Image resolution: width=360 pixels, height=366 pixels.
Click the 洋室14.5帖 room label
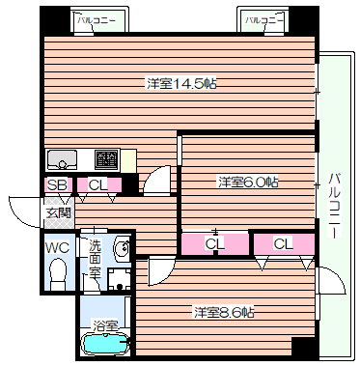pyautogui.click(x=180, y=84)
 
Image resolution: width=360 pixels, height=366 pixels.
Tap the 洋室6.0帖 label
pyautogui.click(x=248, y=181)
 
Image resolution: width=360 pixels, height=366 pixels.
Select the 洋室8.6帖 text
pyautogui.click(x=224, y=311)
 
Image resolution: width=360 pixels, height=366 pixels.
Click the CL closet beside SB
pyautogui.click(x=97, y=184)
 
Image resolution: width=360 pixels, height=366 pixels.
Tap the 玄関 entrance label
pyautogui.click(x=57, y=212)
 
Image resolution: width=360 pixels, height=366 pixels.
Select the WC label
pyautogui.click(x=57, y=247)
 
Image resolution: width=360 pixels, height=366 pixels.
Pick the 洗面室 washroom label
pyautogui.click(x=94, y=259)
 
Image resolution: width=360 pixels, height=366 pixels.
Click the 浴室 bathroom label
pyautogui.click(x=103, y=325)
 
